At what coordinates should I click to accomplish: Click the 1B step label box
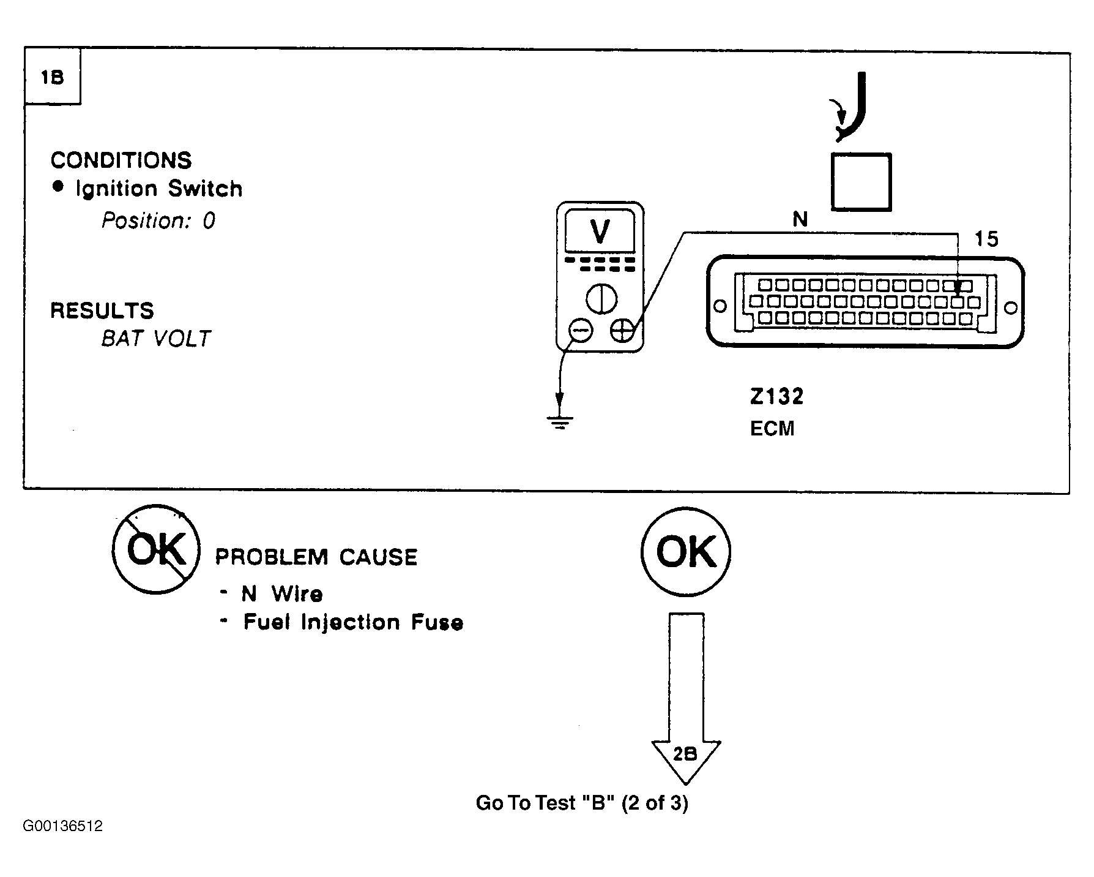[x=52, y=78]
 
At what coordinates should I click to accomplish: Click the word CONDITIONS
[x=121, y=160]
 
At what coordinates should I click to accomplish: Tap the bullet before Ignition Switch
[x=58, y=187]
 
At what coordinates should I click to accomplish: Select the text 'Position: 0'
[x=158, y=220]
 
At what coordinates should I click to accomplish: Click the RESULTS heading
[x=102, y=311]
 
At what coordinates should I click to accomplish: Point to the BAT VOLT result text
[x=156, y=339]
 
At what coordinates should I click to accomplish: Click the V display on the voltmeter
[x=600, y=231]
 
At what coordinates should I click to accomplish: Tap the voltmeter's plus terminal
[x=622, y=331]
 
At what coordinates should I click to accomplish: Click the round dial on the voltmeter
[x=601, y=299]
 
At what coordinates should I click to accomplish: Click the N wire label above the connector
[x=800, y=219]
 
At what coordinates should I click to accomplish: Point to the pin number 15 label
[x=986, y=239]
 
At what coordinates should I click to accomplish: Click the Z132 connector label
[x=776, y=397]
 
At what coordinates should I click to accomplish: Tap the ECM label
[x=772, y=428]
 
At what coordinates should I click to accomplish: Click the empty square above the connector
[x=861, y=182]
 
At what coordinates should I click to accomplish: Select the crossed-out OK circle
[x=156, y=549]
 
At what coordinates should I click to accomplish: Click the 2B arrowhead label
[x=685, y=754]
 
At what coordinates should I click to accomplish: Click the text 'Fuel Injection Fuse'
[x=354, y=623]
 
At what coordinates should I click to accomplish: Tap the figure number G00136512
[x=63, y=826]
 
